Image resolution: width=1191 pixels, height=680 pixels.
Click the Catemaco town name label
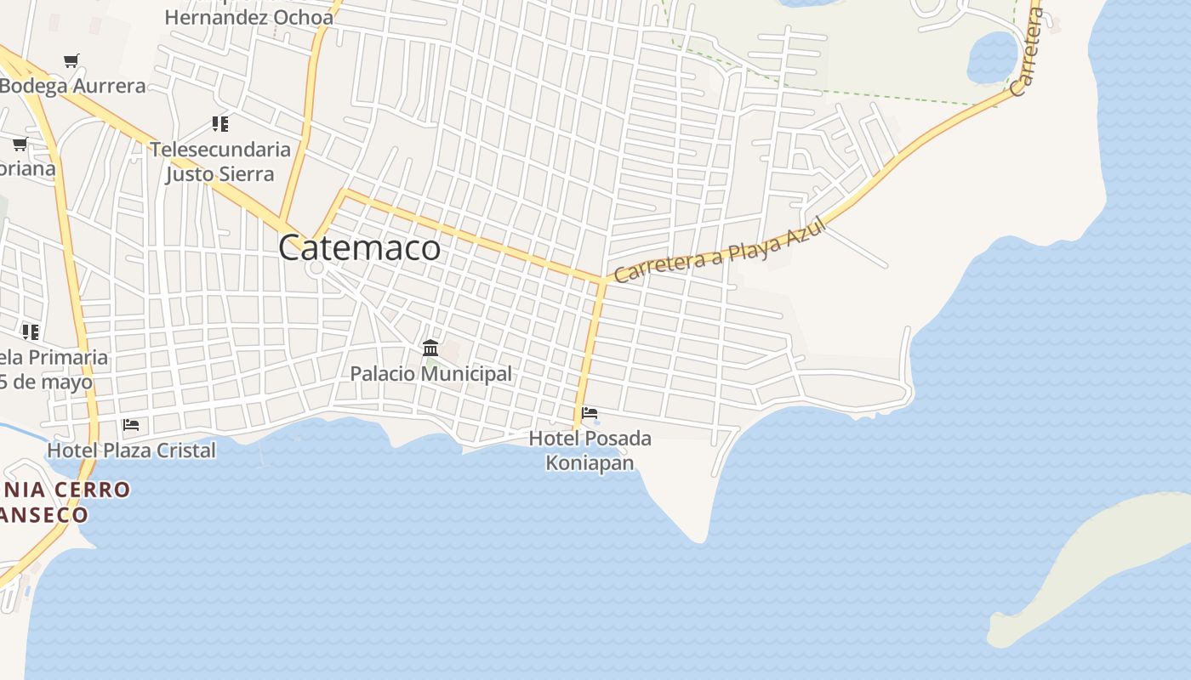[x=360, y=248]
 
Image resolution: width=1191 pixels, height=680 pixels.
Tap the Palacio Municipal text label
[x=431, y=373]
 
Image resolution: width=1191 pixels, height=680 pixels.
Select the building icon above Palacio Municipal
[x=430, y=348]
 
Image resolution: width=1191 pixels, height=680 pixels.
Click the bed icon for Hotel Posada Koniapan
[x=589, y=414]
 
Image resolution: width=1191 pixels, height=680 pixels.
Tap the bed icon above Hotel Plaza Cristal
[x=131, y=425]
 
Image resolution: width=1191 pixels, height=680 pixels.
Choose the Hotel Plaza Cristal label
[x=132, y=450]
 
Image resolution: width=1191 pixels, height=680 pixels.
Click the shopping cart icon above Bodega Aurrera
[x=71, y=61]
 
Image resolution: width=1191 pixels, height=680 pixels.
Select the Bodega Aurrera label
[x=73, y=86]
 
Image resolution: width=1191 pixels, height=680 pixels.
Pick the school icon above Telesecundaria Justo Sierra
[x=220, y=125]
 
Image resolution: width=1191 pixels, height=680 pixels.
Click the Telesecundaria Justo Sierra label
[x=220, y=161]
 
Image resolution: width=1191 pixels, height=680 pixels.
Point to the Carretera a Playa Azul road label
[x=721, y=250]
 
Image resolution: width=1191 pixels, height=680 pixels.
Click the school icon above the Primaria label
[x=31, y=332]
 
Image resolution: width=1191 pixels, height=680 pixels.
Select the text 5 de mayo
[x=46, y=382]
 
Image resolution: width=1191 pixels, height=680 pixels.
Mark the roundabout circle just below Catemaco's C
[x=316, y=268]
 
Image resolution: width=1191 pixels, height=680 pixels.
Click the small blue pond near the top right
[x=992, y=57]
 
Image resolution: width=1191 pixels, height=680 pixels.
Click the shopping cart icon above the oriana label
[x=20, y=144]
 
